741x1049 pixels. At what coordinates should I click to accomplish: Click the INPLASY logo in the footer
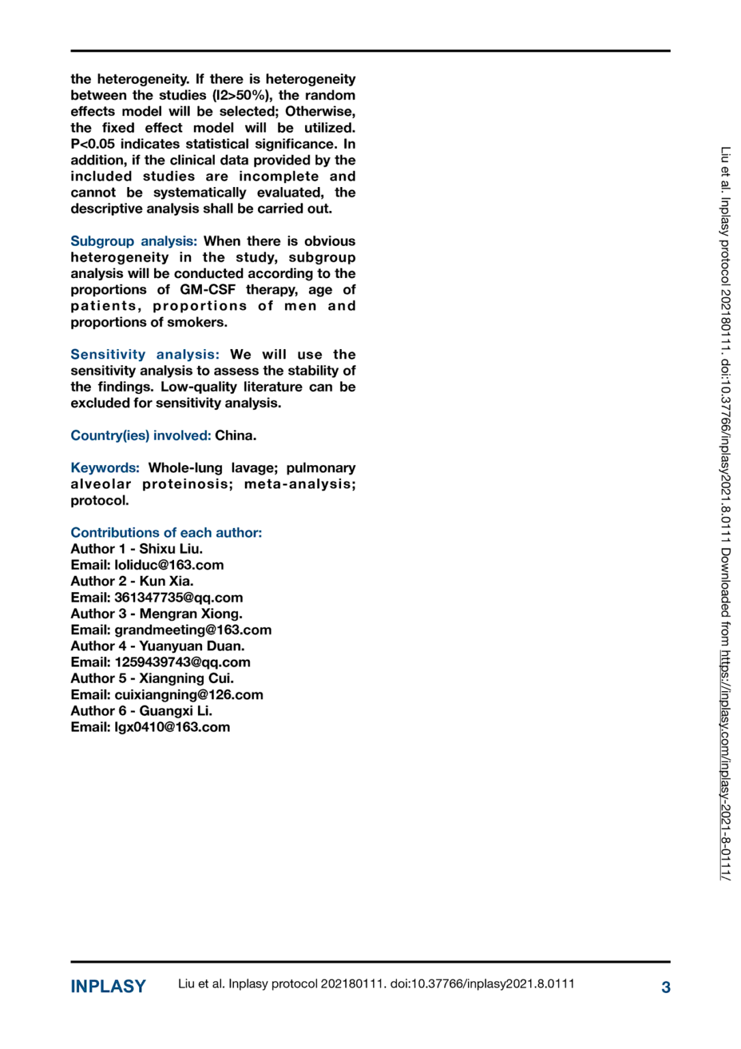(x=108, y=986)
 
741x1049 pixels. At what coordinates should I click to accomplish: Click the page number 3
(x=666, y=987)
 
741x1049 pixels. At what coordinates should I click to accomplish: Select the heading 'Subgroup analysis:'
(x=134, y=241)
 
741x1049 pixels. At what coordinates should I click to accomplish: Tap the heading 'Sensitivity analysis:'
(x=145, y=354)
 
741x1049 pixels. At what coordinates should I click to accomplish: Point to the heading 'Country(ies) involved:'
(x=141, y=436)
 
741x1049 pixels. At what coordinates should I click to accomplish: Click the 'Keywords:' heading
(x=105, y=468)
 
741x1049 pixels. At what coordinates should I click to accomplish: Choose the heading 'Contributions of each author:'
(x=166, y=533)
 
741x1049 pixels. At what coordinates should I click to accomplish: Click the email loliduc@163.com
(x=169, y=565)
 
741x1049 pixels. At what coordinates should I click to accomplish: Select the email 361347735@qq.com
(x=178, y=598)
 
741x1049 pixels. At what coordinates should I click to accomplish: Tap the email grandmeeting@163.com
(x=192, y=630)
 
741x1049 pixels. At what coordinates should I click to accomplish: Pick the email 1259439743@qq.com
(x=182, y=662)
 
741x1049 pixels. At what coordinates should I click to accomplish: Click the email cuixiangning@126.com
(x=188, y=695)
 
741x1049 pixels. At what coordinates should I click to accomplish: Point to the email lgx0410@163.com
(x=172, y=727)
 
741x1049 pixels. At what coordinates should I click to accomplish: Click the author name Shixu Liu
(x=170, y=549)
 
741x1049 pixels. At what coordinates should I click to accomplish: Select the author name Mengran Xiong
(x=190, y=614)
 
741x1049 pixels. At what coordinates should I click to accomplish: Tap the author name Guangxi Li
(x=175, y=711)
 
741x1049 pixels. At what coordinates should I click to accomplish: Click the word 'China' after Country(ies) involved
(x=235, y=436)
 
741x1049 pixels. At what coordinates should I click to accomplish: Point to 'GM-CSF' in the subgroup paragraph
(x=207, y=290)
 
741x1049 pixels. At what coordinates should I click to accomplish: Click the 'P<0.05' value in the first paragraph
(x=93, y=144)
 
